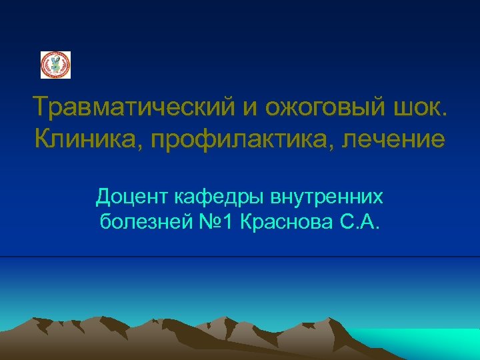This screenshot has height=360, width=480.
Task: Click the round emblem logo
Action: [x=55, y=65]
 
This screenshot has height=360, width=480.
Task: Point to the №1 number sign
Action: [x=209, y=221]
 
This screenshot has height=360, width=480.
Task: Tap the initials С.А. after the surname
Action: [x=360, y=221]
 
